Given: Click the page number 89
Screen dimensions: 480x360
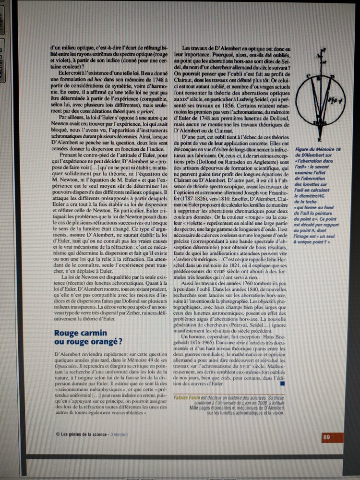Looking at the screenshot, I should tap(326, 437).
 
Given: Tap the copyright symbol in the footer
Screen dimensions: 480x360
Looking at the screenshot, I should tap(58, 435).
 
